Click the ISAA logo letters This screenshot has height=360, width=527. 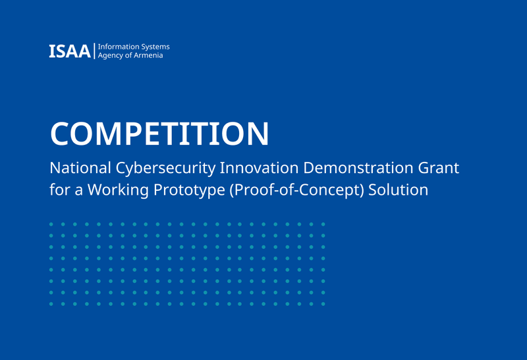click(70, 51)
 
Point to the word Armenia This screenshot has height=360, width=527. click(150, 55)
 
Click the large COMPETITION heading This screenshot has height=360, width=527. click(159, 134)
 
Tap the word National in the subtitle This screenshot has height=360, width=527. click(80, 168)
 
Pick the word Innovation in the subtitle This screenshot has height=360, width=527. click(259, 168)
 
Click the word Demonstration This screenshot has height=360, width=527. click(358, 168)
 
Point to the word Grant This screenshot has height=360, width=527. click(438, 168)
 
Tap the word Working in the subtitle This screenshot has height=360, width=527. click(118, 190)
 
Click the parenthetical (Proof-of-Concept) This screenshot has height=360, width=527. click(297, 190)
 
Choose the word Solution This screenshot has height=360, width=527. click(399, 190)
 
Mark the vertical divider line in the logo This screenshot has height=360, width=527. click(94, 51)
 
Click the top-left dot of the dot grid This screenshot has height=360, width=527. click(51, 224)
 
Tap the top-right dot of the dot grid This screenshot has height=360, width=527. click(323, 224)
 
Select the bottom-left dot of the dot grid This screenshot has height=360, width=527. click(51, 304)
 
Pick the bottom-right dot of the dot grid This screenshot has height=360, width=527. click(323, 304)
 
